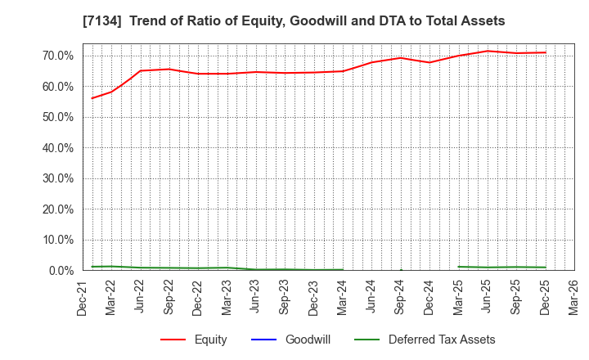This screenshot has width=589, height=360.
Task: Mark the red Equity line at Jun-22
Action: point(140,70)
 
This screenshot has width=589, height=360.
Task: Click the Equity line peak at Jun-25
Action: point(488,51)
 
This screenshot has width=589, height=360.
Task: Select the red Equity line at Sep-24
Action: point(401,57)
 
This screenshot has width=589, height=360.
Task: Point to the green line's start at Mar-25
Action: point(459,267)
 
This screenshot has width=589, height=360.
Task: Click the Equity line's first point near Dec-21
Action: point(92,98)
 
